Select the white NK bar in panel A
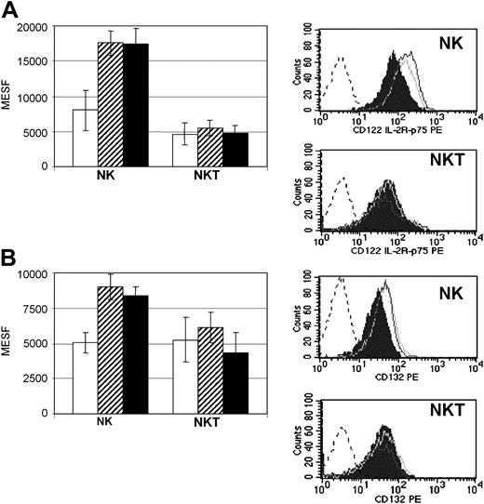[86, 138]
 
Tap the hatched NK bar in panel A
[112, 104]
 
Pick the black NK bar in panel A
[137, 105]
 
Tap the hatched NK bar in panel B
[112, 345]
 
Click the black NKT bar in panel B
[236, 378]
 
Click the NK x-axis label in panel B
[111, 415]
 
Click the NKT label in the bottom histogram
[442, 406]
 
